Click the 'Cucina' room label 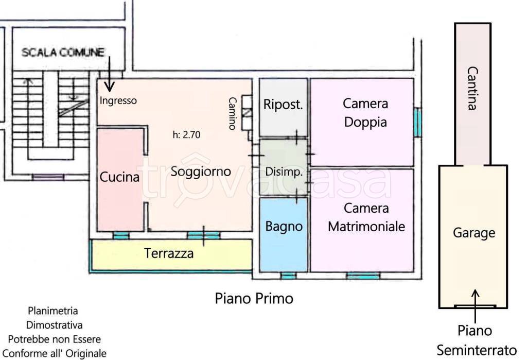click(119, 178)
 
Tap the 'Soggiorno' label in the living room click(200, 172)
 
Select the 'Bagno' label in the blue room click(284, 226)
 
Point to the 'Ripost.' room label click(283, 105)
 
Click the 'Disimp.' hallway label click(284, 172)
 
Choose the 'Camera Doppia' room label click(365, 113)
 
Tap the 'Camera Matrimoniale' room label click(366, 217)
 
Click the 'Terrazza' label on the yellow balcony click(169, 253)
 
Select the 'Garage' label click(473, 233)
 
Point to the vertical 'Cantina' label click(471, 89)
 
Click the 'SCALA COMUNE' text click(63, 52)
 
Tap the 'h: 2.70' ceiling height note click(186, 135)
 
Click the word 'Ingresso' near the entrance click(118, 101)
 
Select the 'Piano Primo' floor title click(254, 298)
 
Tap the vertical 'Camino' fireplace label click(233, 113)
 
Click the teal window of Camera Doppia click(417, 122)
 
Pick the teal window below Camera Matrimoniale click(363, 276)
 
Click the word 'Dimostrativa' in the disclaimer click(54, 325)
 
